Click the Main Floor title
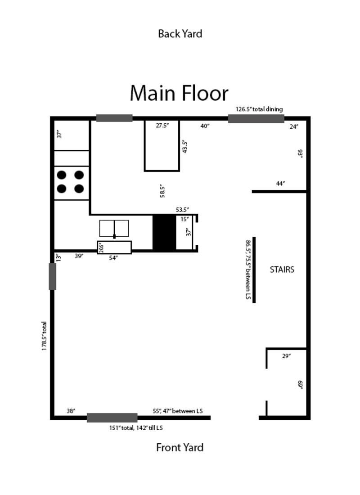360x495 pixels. click(x=179, y=94)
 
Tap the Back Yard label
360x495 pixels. click(x=180, y=34)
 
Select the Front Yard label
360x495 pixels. click(x=180, y=447)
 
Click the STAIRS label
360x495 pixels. click(x=282, y=270)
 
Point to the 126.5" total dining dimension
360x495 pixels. click(x=259, y=109)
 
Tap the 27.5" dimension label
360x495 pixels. click(x=162, y=126)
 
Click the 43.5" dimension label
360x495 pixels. click(x=184, y=147)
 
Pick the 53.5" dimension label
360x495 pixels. click(x=182, y=210)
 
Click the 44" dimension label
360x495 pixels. click(x=280, y=184)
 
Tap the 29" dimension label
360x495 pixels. click(x=286, y=356)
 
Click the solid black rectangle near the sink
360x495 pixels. click(x=164, y=232)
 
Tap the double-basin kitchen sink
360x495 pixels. click(x=114, y=228)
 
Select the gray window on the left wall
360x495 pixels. click(x=52, y=276)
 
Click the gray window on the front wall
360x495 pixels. click(x=112, y=418)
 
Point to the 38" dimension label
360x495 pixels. click(x=71, y=411)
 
